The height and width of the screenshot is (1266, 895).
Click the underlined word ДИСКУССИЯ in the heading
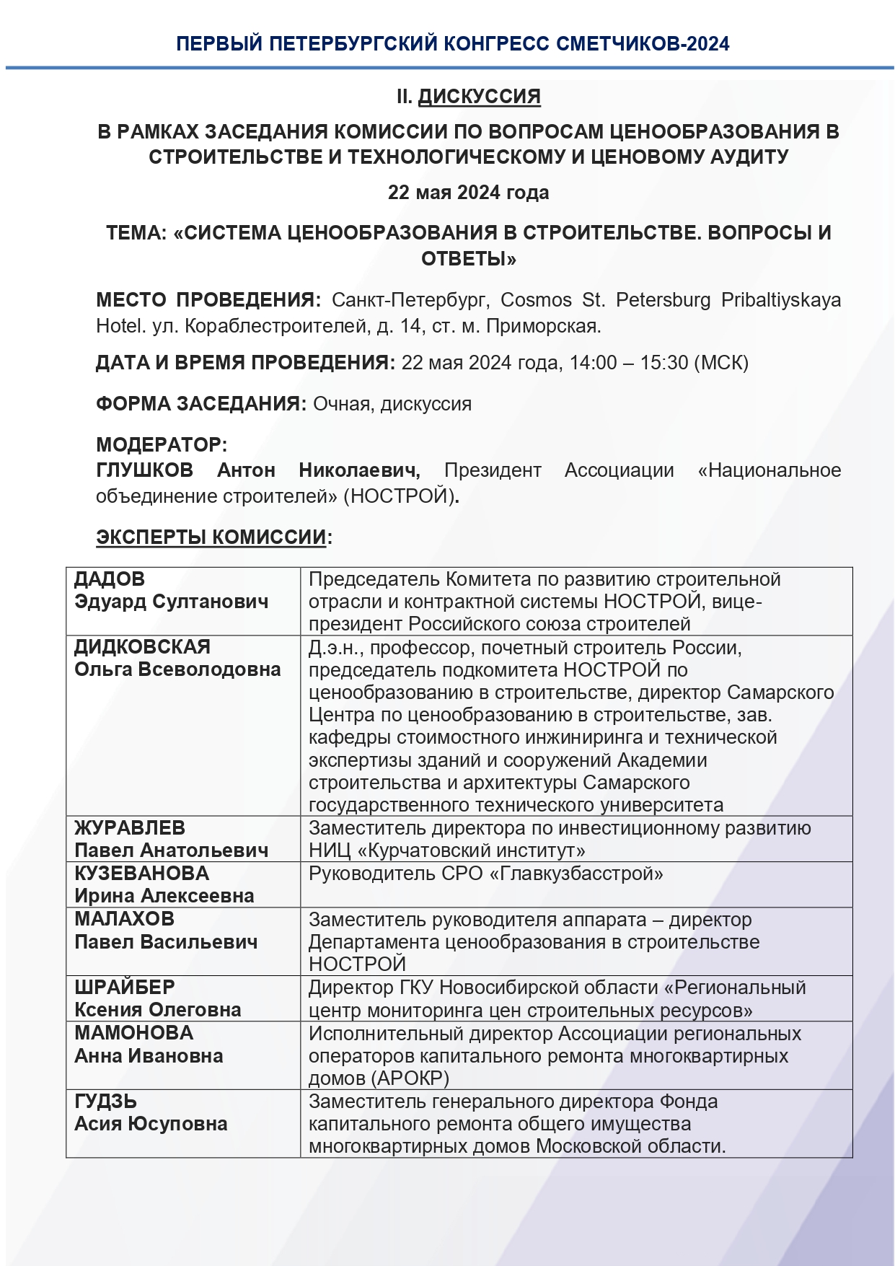coord(479,97)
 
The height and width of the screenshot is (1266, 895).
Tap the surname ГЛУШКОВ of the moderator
coord(145,470)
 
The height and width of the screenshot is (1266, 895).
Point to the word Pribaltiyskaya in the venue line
coord(781,300)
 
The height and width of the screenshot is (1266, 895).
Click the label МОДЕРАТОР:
coord(162,444)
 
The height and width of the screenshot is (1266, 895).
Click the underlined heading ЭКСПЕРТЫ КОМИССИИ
coord(211,537)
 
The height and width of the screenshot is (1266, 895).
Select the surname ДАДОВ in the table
coord(110,579)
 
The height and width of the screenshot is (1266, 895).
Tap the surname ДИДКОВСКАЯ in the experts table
coord(143,647)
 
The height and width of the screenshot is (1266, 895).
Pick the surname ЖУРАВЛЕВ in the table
coord(130,827)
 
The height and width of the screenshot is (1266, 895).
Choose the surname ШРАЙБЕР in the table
coord(125,987)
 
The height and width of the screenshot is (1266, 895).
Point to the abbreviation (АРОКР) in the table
coord(411,1078)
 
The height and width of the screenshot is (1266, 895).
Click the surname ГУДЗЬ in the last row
coord(106,1101)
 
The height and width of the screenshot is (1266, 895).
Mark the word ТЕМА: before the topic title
coord(136,233)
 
